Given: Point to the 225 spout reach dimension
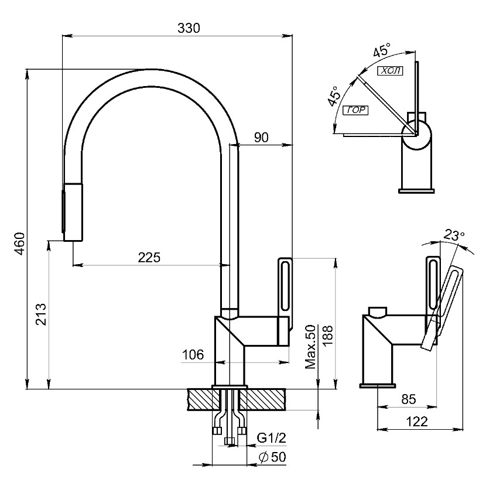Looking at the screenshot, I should [149, 257].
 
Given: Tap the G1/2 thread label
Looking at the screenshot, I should [271, 437].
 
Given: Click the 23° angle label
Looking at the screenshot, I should [454, 235].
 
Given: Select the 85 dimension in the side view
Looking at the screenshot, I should [408, 399].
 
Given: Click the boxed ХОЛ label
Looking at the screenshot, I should [391, 71].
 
